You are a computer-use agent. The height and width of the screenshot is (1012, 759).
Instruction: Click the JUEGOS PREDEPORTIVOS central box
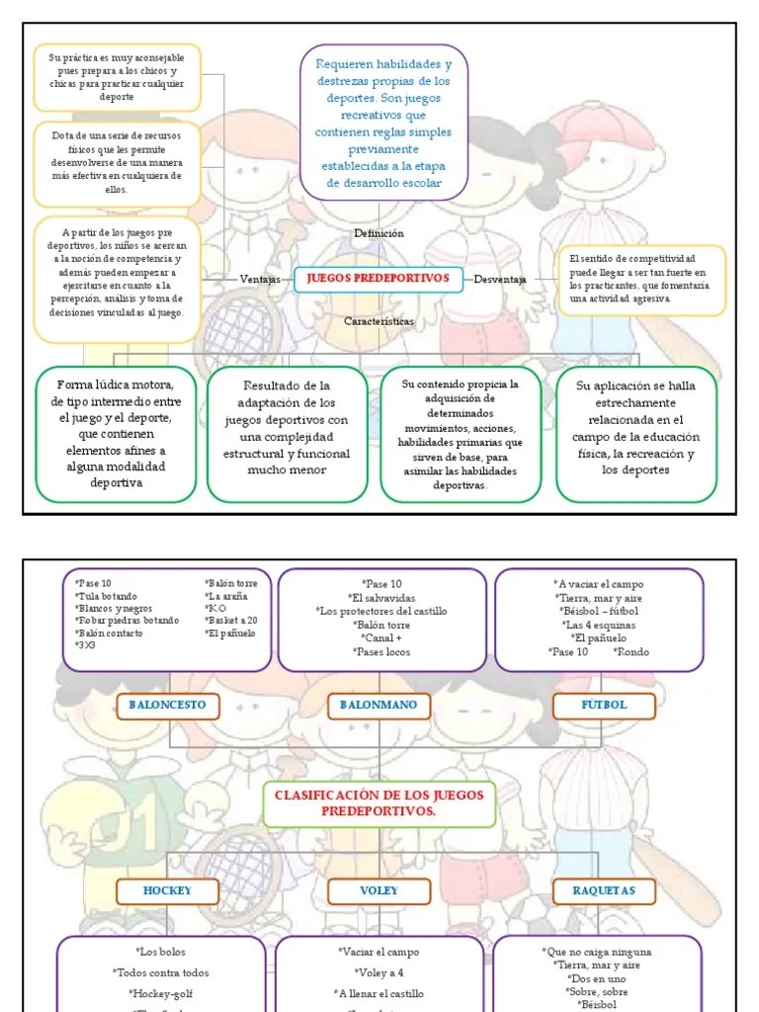pyautogui.click(x=378, y=279)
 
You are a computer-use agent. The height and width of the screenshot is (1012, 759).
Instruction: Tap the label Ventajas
pyautogui.click(x=260, y=280)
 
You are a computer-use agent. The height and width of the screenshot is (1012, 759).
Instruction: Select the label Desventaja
pyautogui.click(x=499, y=280)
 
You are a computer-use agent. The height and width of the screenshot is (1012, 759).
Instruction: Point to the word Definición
pyautogui.click(x=379, y=233)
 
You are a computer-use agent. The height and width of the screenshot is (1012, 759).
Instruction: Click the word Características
pyautogui.click(x=379, y=321)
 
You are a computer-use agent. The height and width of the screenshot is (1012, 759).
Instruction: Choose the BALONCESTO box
pyautogui.click(x=167, y=706)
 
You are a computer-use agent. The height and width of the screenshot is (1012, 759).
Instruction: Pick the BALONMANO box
pyautogui.click(x=379, y=706)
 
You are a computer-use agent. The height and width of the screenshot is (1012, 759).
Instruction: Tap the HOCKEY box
pyautogui.click(x=167, y=890)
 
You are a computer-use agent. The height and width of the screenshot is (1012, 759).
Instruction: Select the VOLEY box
pyautogui.click(x=379, y=890)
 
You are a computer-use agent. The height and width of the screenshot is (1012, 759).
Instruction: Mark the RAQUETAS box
pyautogui.click(x=604, y=890)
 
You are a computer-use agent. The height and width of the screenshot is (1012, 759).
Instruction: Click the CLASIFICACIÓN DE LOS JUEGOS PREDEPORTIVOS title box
pyautogui.click(x=379, y=802)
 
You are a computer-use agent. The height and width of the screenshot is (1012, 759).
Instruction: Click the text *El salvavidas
pyautogui.click(x=381, y=598)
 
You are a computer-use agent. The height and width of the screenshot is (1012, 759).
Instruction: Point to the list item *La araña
pyautogui.click(x=226, y=596)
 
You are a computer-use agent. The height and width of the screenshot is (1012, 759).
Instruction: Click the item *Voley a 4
pyautogui.click(x=379, y=972)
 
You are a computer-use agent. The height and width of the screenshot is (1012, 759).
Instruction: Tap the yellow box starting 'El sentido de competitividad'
pyautogui.click(x=641, y=279)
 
